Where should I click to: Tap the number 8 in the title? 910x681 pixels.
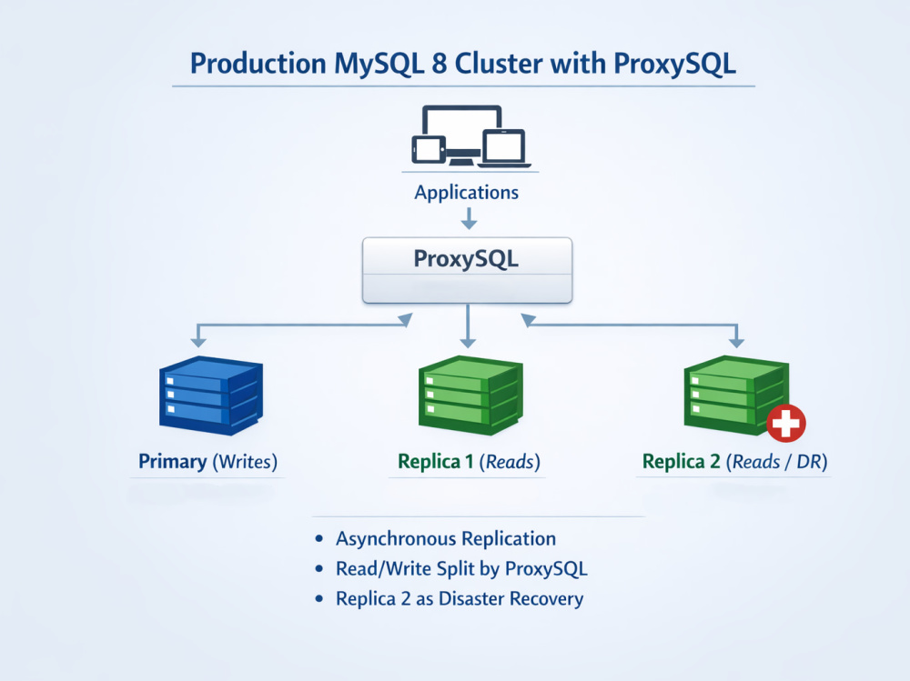click(440, 64)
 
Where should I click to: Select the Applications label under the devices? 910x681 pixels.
click(467, 193)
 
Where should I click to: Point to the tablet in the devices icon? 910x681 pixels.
click(429, 150)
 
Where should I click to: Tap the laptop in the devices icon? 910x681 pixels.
click(505, 148)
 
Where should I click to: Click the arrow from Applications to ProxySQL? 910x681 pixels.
click(469, 218)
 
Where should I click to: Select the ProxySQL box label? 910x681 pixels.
click(466, 259)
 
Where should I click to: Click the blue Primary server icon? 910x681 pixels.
click(211, 396)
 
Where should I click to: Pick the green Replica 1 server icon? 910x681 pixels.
click(470, 396)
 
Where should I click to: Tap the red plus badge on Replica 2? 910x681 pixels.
click(786, 423)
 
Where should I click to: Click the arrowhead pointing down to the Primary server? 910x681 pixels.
click(198, 342)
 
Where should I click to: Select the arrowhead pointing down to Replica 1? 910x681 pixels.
click(468, 342)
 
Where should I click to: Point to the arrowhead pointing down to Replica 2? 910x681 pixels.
click(736, 342)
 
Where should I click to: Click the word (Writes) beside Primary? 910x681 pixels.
click(245, 462)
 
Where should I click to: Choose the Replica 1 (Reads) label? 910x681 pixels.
click(469, 462)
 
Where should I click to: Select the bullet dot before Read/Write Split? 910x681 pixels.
click(318, 568)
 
